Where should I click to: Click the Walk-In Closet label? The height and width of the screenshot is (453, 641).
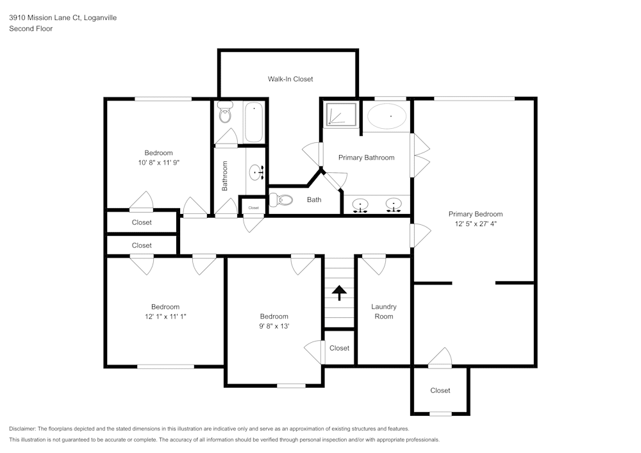(x=290, y=79)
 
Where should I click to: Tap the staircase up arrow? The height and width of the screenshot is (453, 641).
(x=339, y=292)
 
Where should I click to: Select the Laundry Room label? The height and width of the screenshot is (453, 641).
(x=384, y=311)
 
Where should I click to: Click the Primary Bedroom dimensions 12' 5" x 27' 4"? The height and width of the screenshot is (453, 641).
(x=475, y=224)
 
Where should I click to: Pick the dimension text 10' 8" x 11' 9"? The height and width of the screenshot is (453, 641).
(x=158, y=163)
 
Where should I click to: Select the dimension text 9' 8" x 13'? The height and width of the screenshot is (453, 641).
(x=274, y=326)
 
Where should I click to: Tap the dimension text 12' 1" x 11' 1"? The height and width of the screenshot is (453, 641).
(x=165, y=317)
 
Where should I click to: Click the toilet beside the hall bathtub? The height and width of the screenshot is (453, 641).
(x=225, y=113)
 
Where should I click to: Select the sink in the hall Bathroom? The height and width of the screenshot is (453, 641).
(x=258, y=172)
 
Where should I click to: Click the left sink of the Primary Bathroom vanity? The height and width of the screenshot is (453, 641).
(x=362, y=205)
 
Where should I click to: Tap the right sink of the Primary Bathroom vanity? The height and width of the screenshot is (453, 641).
(x=393, y=205)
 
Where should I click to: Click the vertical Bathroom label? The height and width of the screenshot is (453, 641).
(x=225, y=176)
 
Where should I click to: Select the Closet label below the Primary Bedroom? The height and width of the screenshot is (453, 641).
(x=440, y=390)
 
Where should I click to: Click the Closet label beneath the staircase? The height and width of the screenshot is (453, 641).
(x=339, y=348)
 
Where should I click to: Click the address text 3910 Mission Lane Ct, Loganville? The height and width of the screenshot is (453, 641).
(x=63, y=18)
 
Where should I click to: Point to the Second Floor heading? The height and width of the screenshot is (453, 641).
(x=31, y=29)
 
